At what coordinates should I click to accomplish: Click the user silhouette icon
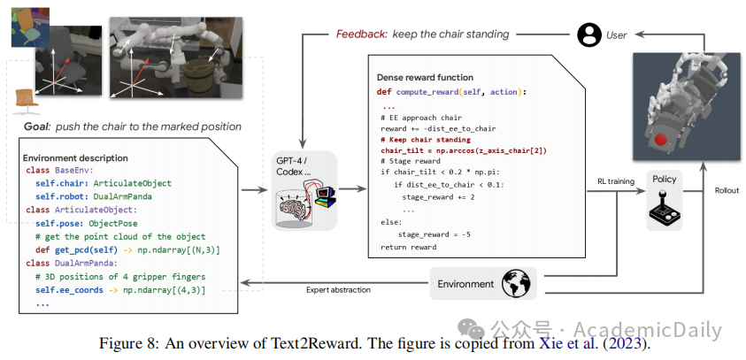pyautogui.click(x=588, y=34)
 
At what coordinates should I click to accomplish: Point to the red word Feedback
pyautogui.click(x=361, y=34)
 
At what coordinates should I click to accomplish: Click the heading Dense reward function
pyautogui.click(x=425, y=78)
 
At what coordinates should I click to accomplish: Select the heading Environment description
pyautogui.click(x=76, y=157)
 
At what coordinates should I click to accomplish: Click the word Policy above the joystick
pyautogui.click(x=664, y=179)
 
